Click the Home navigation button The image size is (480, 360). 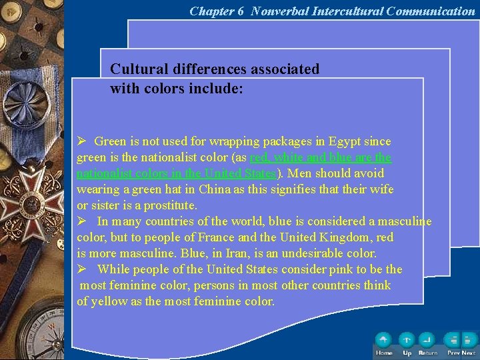click(383, 341)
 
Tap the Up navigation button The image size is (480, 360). click(407, 341)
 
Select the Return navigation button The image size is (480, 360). click(427, 341)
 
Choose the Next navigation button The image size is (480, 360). click(469, 341)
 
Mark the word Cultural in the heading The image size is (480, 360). click(137, 69)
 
